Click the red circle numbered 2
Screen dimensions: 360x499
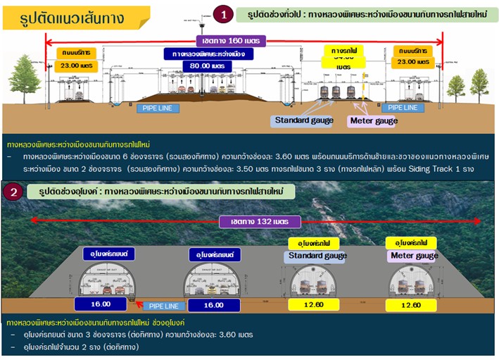pyautogui.click(x=13, y=192)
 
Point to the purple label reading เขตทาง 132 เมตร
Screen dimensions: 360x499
pyautogui.click(x=261, y=221)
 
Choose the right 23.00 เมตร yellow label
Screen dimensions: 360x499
pyautogui.click(x=414, y=61)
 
